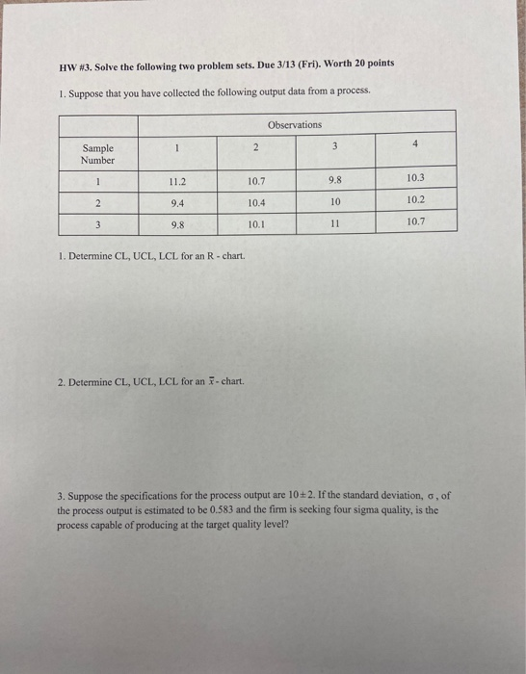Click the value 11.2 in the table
pyautogui.click(x=177, y=179)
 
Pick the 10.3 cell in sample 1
pyautogui.click(x=415, y=178)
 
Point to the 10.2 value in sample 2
pyautogui.click(x=415, y=200)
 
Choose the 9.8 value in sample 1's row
pyautogui.click(x=334, y=178)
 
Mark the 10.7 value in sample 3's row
pyautogui.click(x=415, y=221)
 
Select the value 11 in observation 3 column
pyautogui.click(x=334, y=222)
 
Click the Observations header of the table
pyautogui.click(x=295, y=125)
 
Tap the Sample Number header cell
pyautogui.click(x=97, y=154)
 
